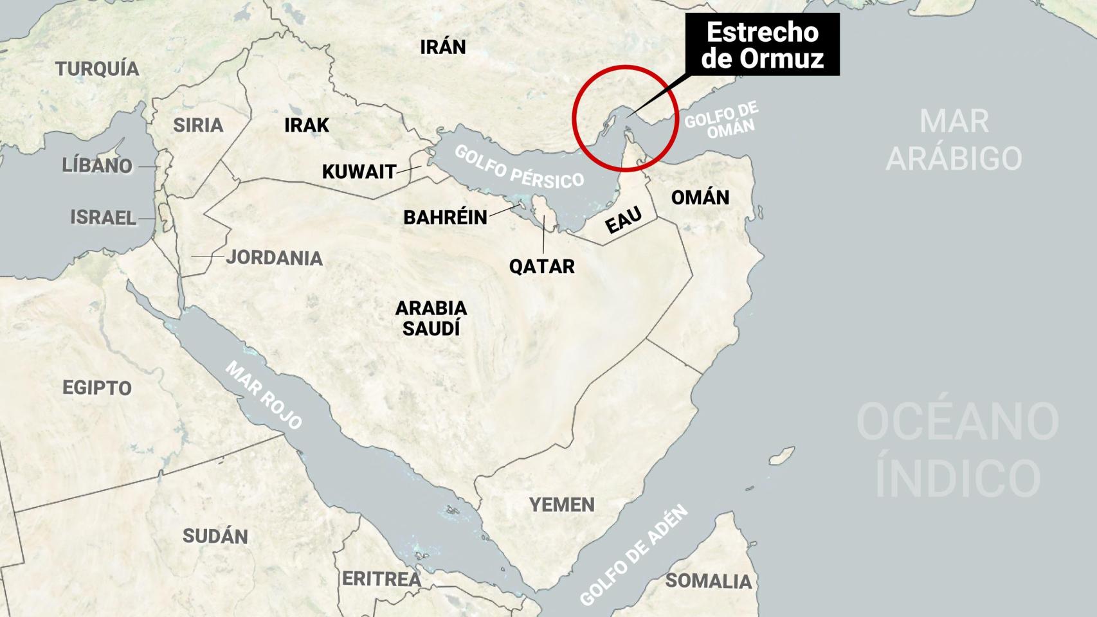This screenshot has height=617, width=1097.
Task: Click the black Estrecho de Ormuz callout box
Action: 763,44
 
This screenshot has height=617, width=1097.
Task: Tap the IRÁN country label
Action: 442,47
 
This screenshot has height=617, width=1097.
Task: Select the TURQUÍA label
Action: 97,69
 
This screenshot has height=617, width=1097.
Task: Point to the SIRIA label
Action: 198,125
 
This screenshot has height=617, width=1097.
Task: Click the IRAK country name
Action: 307,125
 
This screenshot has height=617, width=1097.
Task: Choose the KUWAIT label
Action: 359,172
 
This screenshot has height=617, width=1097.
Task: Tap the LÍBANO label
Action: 97,165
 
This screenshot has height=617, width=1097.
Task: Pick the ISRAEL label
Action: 103,218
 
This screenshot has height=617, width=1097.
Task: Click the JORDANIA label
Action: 275,258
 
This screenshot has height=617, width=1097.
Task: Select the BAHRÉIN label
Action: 445,217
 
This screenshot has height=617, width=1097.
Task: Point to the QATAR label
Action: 541,266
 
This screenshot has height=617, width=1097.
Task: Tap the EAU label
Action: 624,221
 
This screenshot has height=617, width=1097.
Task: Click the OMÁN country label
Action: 700,197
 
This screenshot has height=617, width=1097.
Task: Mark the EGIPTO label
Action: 97,388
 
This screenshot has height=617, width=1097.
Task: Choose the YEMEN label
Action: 561,505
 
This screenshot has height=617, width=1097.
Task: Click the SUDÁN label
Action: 215,536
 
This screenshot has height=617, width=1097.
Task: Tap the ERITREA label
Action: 381,579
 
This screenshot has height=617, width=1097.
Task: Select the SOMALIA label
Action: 708,581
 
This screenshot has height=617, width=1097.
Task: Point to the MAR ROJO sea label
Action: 264,395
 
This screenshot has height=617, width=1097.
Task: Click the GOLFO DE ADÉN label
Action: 633,555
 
